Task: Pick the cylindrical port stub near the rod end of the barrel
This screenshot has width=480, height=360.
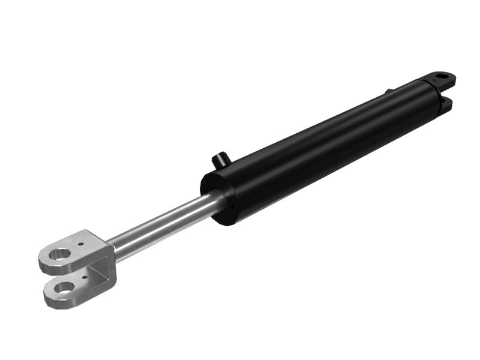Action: (220, 161)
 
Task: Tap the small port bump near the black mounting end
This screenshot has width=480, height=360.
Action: (389, 91)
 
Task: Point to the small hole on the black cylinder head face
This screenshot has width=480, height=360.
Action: (229, 209)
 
